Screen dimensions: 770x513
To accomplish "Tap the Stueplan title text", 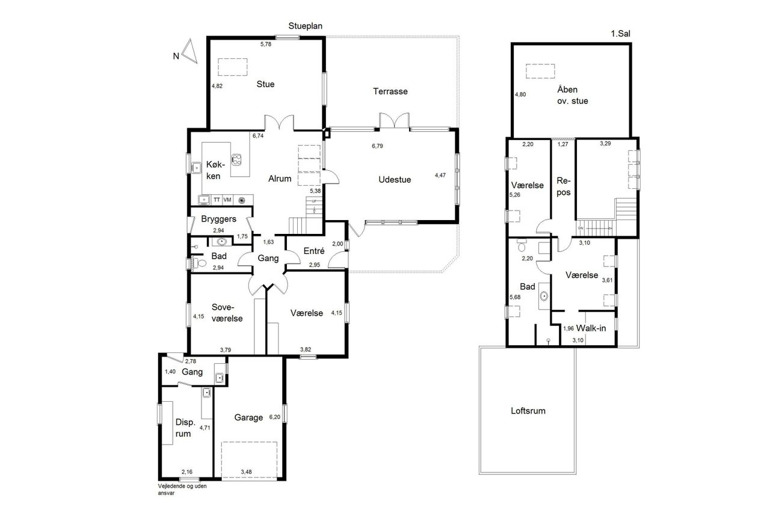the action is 305,26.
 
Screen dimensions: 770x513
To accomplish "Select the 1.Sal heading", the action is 620,34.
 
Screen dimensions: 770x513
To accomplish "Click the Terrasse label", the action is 390,91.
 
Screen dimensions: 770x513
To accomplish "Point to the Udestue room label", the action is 395,180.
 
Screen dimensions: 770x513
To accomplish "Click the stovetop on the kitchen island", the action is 236,159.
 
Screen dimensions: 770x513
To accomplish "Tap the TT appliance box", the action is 217,200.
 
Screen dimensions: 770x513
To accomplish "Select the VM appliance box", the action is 227,200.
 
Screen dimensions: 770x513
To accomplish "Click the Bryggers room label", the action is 218,220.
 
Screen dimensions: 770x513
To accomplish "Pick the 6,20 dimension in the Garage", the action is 275,417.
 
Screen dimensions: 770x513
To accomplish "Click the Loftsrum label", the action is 528,411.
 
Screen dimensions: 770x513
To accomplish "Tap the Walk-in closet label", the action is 591,328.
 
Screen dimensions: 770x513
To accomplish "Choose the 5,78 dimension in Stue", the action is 266,44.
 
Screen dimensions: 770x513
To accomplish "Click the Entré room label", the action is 314,251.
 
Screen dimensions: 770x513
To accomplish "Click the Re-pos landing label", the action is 564,186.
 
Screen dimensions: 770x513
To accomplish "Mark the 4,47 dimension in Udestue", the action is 440,175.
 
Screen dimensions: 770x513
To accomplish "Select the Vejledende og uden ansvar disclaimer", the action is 182,490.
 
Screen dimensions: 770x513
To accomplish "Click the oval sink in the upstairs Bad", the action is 544,296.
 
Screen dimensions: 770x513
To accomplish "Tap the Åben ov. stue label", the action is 572,95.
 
